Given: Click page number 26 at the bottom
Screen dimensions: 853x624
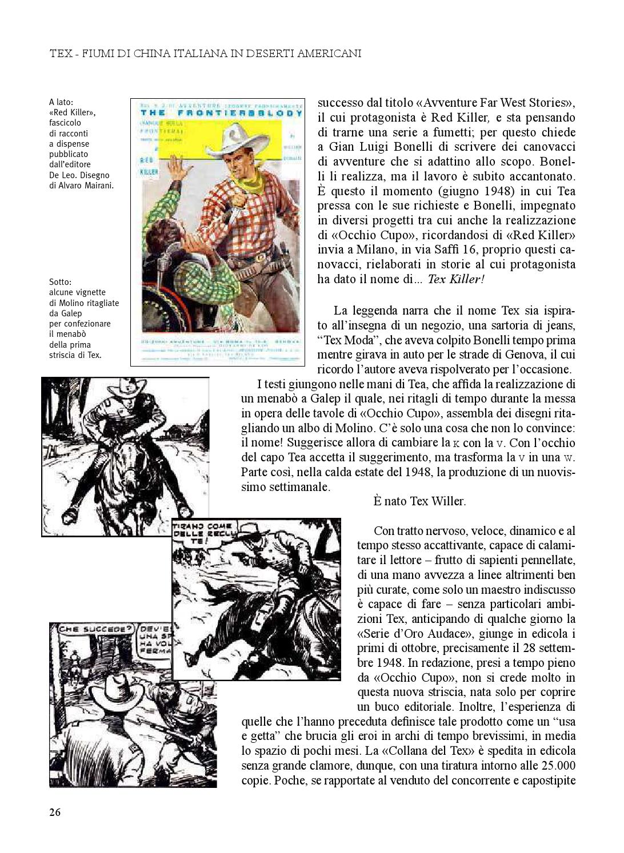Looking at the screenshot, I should (x=55, y=812).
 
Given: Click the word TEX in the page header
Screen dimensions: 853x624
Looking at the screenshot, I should (x=61, y=54).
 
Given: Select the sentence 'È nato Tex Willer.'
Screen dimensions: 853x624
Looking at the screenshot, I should (x=419, y=501).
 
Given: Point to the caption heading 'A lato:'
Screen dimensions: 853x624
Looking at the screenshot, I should (x=61, y=102).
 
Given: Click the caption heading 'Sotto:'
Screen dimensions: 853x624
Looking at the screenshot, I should (x=61, y=281).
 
